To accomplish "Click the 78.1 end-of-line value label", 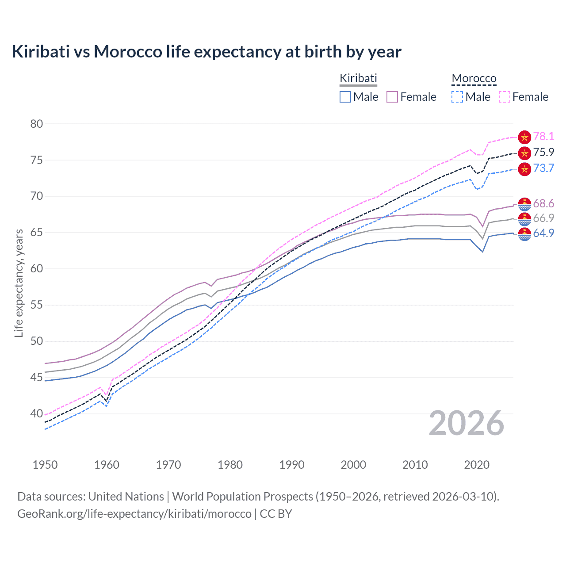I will coord(543,137).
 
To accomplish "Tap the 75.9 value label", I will coord(543,153).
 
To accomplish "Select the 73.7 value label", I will coord(543,168).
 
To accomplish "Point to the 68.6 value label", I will coord(543,203).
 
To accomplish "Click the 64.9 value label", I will coord(543,233).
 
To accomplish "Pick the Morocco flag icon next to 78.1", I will coord(524,137).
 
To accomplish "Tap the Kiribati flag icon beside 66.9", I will coord(524,218).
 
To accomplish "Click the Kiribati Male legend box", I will coord(345,97).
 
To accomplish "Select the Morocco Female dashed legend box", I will coord(505,97).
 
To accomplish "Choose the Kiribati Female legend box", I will coord(392,97).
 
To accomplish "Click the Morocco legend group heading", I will coord(474,79).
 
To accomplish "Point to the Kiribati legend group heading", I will coord(358,79).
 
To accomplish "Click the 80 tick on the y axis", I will coord(37,124).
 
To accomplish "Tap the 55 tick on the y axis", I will coord(37,305).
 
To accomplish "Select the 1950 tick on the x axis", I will coord(45,465).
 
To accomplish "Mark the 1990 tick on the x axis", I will coord(292,465).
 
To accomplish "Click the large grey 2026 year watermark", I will coord(467,424).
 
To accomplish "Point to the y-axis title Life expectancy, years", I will coord(19,283).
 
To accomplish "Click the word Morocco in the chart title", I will coord(128,52).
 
